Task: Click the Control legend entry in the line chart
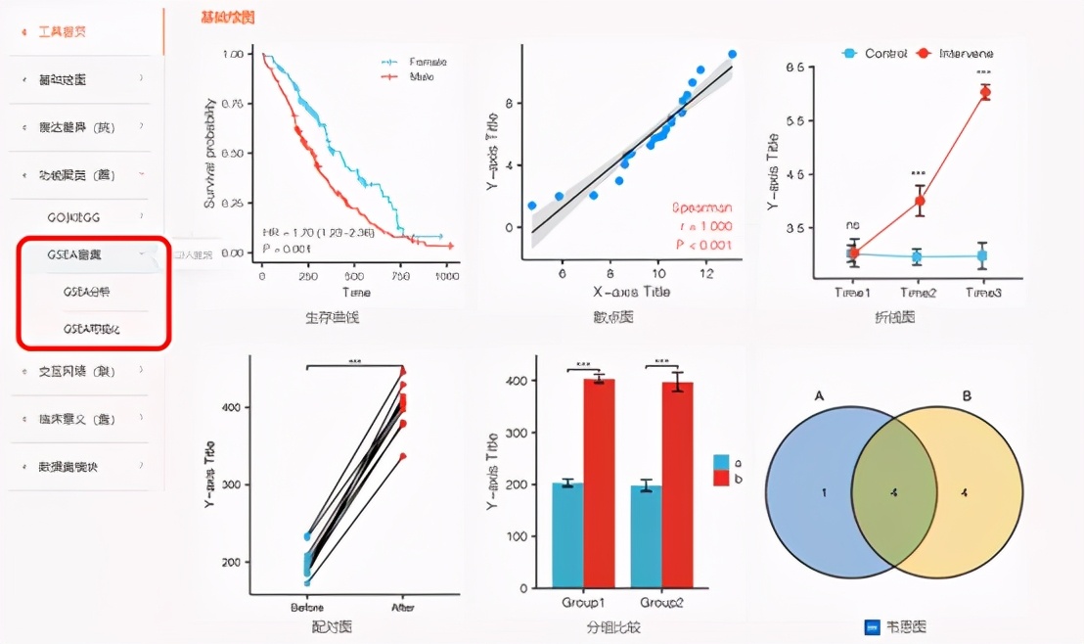pyautogui.click(x=884, y=53)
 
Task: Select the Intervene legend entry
pyautogui.click(x=965, y=53)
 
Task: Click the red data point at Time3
pyautogui.click(x=984, y=93)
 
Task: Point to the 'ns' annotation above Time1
pyautogui.click(x=852, y=226)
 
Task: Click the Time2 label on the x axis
pyautogui.click(x=917, y=293)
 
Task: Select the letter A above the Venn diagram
pyautogui.click(x=819, y=395)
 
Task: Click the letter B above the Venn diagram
pyautogui.click(x=967, y=395)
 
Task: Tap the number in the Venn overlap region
pyautogui.click(x=893, y=492)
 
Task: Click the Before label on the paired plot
pyautogui.click(x=307, y=607)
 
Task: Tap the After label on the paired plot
pyautogui.click(x=402, y=607)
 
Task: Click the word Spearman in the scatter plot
pyautogui.click(x=701, y=207)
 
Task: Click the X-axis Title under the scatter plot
pyautogui.click(x=626, y=292)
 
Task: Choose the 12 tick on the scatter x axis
pyautogui.click(x=707, y=275)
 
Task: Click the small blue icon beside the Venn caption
pyautogui.click(x=873, y=627)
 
